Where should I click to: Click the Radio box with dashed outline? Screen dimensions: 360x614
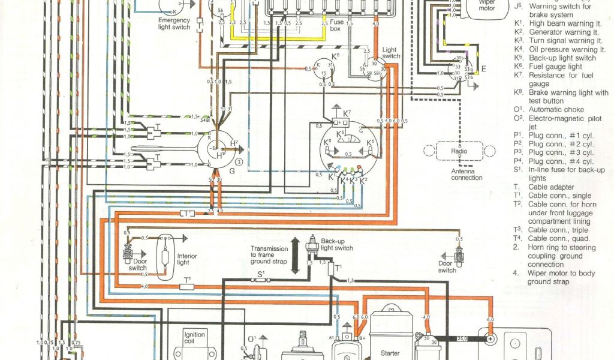coord(459,151)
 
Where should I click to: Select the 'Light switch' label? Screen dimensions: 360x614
coord(391,53)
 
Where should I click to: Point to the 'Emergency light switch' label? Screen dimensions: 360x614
coord(174,23)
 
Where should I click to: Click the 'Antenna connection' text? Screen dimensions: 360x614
coord(466,174)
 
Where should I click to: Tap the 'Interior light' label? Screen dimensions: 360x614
coord(187,259)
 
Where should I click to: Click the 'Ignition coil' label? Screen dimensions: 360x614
coord(194,338)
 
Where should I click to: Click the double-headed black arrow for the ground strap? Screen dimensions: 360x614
coord(295,255)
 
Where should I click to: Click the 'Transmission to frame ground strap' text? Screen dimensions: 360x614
coord(269,255)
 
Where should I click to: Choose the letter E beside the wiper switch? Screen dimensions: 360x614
coord(483,68)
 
